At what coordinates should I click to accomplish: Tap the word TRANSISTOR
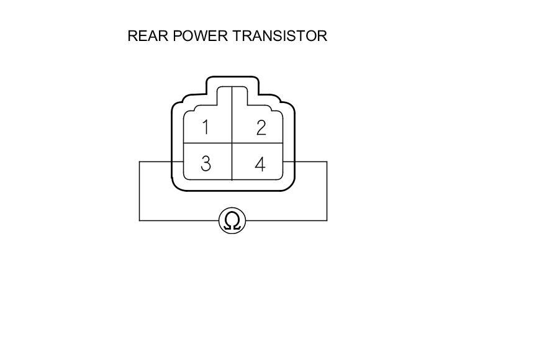coord(280,36)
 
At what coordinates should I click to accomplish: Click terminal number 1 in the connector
coord(206,128)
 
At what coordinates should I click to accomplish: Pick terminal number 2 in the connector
coord(261,128)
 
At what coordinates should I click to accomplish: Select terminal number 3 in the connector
coord(206,164)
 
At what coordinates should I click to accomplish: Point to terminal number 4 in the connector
coord(260,164)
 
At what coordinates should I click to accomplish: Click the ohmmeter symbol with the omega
coord(232,220)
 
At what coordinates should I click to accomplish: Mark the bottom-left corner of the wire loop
coord(139,220)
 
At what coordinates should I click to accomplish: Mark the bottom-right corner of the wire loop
coord(327,220)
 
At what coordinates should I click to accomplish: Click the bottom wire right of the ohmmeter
coord(286,220)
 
